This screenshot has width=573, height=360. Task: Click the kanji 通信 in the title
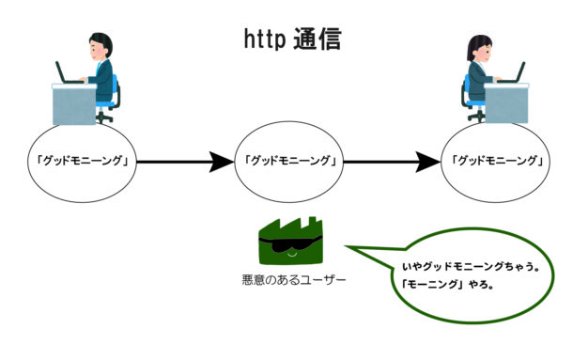316,39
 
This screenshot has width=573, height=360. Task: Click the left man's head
100,43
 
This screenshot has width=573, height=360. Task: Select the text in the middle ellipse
290,161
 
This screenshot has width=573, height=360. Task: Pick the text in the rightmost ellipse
498,161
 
